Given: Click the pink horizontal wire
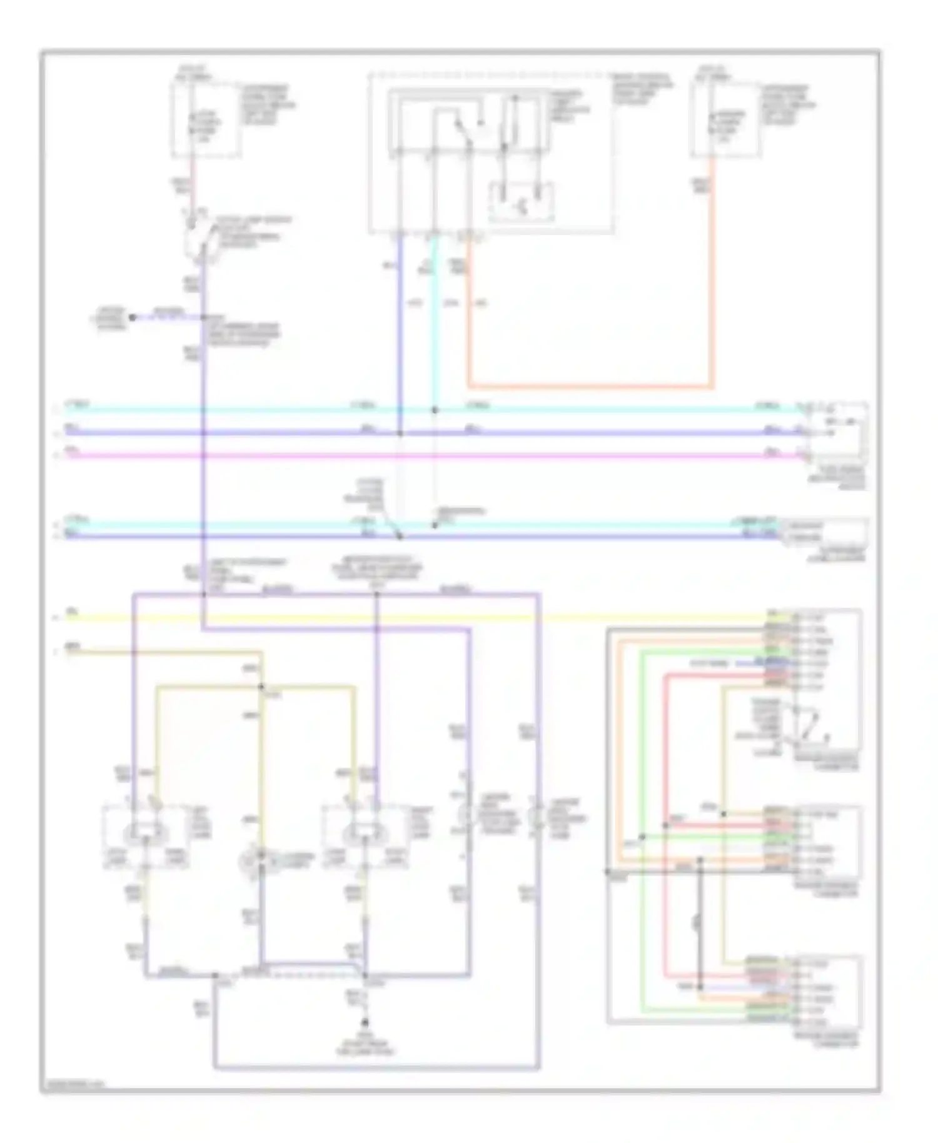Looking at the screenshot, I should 438,456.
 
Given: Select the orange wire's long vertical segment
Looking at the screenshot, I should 712,275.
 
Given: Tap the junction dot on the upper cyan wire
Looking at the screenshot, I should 435,410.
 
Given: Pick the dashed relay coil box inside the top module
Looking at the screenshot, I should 522,201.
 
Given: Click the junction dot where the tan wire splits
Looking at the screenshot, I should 262,687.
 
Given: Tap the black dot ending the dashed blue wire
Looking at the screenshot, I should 133,318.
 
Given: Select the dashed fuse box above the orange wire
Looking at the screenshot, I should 725,119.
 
